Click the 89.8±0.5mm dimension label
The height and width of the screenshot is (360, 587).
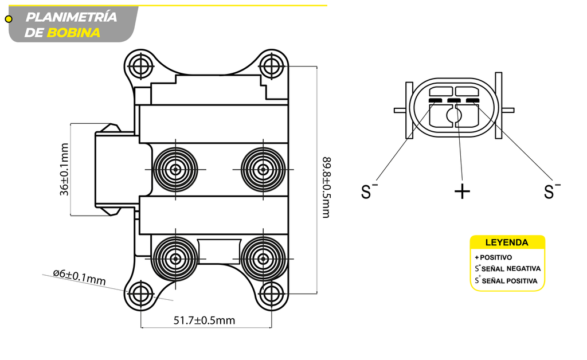click(x=326, y=187)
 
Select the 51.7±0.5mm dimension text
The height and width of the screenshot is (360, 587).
click(x=205, y=320)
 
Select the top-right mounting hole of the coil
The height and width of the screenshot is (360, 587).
click(x=271, y=66)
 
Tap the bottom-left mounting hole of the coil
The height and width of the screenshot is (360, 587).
click(x=140, y=294)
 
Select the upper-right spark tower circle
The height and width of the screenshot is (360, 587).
click(x=263, y=170)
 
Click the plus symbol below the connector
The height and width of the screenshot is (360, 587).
click(x=462, y=191)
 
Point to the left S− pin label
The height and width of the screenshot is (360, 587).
click(x=369, y=191)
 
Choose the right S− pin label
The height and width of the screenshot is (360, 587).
click(x=551, y=191)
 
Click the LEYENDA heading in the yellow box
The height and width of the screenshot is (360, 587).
click(x=507, y=242)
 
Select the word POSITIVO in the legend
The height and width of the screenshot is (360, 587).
click(x=496, y=257)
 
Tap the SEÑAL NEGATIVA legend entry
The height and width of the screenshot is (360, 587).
click(x=511, y=269)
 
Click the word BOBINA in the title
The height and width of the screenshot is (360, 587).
click(x=74, y=33)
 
